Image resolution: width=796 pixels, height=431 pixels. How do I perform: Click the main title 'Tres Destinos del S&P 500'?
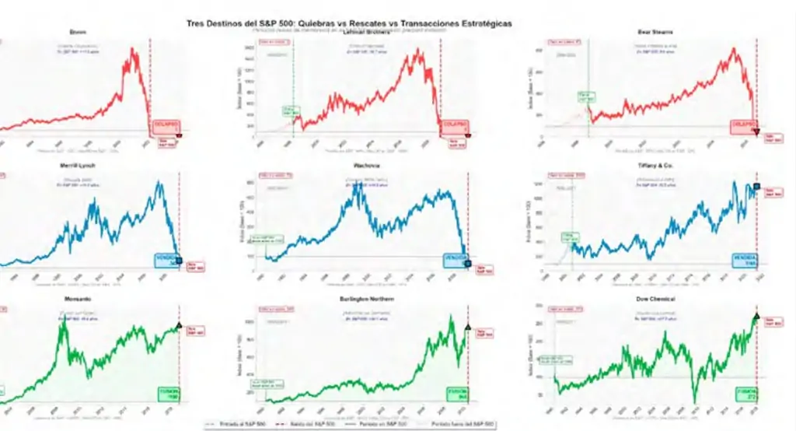coord(349,24)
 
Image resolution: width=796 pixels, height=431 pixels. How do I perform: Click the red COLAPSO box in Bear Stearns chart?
coord(742,125)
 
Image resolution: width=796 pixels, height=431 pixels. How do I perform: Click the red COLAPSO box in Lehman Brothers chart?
coord(452,125)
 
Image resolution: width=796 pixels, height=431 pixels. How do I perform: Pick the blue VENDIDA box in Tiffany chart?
coord(743,261)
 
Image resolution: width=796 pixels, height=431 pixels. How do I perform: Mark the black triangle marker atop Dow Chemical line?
coord(756,315)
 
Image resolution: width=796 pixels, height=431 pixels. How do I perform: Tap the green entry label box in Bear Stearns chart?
coord(585,96)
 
